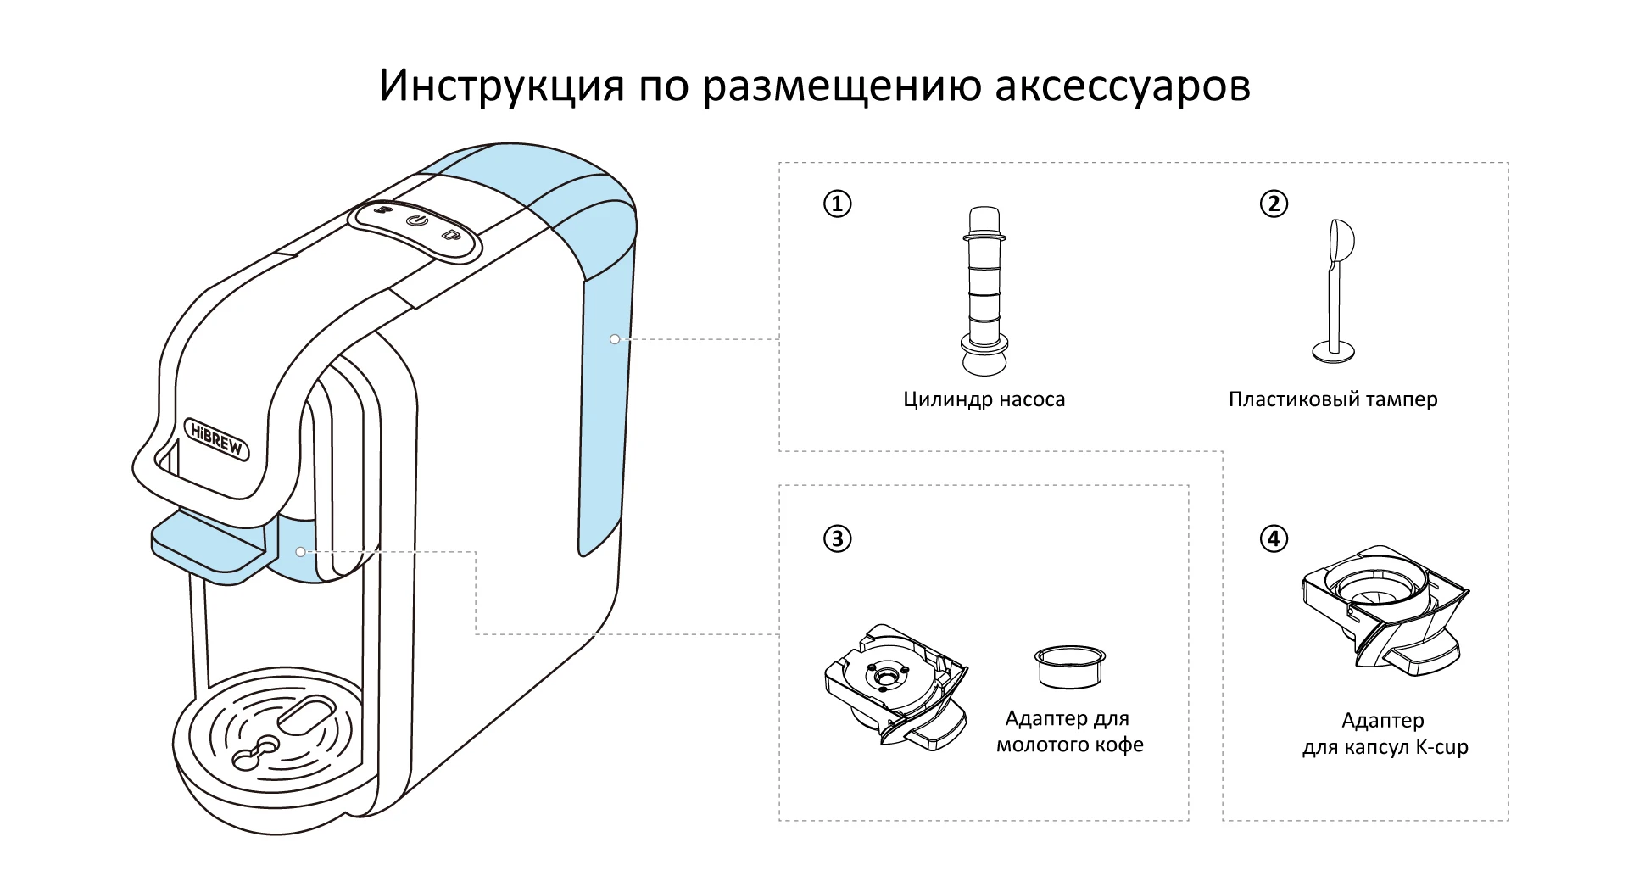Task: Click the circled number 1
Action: pos(838,204)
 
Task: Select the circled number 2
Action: pos(1274,204)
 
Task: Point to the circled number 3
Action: pos(838,538)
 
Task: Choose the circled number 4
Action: pos(1274,538)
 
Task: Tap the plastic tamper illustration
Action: pos(1334,293)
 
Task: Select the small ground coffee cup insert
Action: pos(1070,666)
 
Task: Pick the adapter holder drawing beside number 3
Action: pos(895,687)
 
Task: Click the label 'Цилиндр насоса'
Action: pos(984,399)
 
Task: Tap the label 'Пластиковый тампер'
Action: pos(1333,399)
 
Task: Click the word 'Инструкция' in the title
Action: pos(500,85)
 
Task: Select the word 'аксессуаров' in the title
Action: pos(1122,86)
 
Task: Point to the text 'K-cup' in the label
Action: pos(1441,747)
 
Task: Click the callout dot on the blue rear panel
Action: pos(615,339)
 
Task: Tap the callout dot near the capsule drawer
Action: pos(301,551)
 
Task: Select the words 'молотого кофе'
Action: pos(1069,745)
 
